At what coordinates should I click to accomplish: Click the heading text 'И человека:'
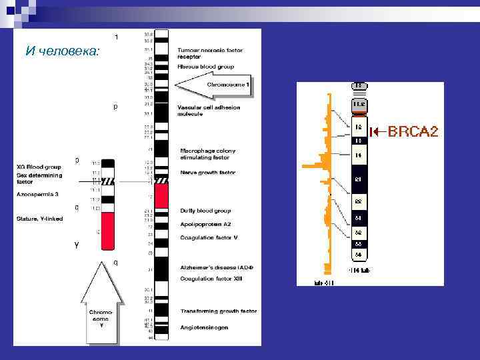pyautogui.click(x=61, y=51)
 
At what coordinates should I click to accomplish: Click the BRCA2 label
pyautogui.click(x=413, y=131)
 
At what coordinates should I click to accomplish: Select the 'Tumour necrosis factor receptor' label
pyautogui.click(x=210, y=53)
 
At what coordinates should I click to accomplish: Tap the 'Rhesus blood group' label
pyautogui.click(x=206, y=67)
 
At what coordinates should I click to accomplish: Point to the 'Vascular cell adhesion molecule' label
pyautogui.click(x=209, y=111)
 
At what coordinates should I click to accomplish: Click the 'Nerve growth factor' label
pyautogui.click(x=208, y=173)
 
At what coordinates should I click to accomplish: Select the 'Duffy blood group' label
pyautogui.click(x=205, y=211)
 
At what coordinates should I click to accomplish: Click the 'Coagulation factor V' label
pyautogui.click(x=209, y=238)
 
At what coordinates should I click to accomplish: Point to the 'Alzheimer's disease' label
pyautogui.click(x=216, y=267)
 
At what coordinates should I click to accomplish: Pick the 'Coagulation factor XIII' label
pyautogui.click(x=211, y=278)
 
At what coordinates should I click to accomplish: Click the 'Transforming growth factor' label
pyautogui.click(x=218, y=311)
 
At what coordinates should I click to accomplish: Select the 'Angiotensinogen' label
pyautogui.click(x=204, y=327)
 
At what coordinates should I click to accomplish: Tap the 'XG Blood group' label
pyautogui.click(x=39, y=167)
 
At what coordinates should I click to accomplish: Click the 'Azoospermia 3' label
pyautogui.click(x=37, y=194)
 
